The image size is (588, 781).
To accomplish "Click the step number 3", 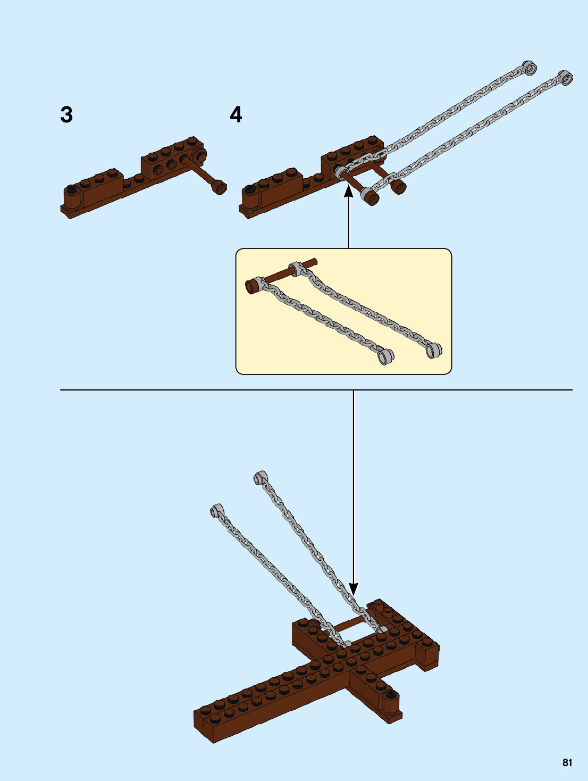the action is pyautogui.click(x=66, y=115).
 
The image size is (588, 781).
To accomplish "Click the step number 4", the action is pyautogui.click(x=236, y=115).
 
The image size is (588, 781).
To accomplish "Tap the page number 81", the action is pyautogui.click(x=567, y=762).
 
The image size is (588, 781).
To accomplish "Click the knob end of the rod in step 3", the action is pyautogui.click(x=218, y=187).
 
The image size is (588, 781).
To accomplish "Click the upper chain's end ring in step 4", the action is pyautogui.click(x=528, y=67).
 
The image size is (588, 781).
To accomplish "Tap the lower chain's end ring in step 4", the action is pyautogui.click(x=565, y=78).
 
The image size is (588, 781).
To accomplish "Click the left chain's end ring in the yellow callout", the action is pyautogui.click(x=385, y=356).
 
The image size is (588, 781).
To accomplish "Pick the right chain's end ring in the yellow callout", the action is pyautogui.click(x=434, y=350).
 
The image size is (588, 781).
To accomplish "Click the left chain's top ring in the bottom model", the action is pyautogui.click(x=216, y=511).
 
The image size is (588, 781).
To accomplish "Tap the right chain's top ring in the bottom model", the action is pyautogui.click(x=260, y=477).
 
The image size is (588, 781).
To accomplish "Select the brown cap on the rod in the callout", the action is pyautogui.click(x=251, y=286).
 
